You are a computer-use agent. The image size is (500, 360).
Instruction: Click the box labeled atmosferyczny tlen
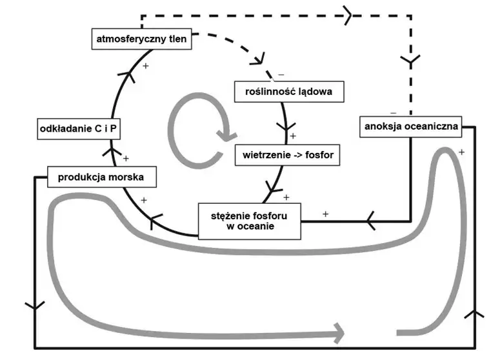[141, 39]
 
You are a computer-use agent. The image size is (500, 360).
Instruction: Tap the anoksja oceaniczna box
[410, 126]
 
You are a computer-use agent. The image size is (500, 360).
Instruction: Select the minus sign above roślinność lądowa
[281, 75]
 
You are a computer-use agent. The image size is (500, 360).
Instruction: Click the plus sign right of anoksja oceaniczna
[462, 152]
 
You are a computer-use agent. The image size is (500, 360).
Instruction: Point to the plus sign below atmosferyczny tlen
[146, 66]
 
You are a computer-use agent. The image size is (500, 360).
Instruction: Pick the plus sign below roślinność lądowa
[293, 136]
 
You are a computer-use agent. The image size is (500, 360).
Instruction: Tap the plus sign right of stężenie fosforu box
[325, 214]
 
